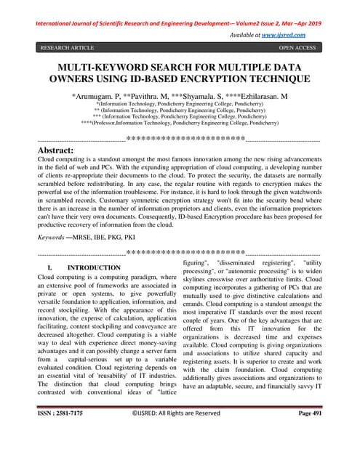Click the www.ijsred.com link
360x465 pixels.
pos(284,34)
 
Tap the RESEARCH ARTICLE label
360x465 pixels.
pos(67,48)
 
